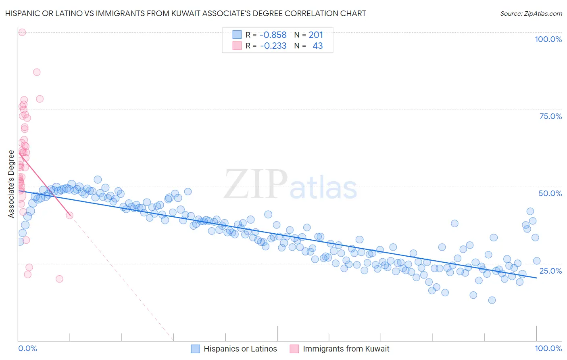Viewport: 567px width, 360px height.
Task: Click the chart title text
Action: pyautogui.click(x=186, y=13)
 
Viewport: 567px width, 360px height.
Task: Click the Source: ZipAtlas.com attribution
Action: pyautogui.click(x=531, y=13)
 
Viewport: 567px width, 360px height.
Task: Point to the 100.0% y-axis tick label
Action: pyautogui.click(x=548, y=39)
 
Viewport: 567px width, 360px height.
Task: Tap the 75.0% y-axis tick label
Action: pyautogui.click(x=550, y=116)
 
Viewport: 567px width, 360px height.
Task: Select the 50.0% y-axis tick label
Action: pyautogui.click(x=550, y=193)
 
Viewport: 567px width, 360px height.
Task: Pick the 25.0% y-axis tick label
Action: pyautogui.click(x=550, y=270)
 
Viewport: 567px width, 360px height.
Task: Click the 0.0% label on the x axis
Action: pyautogui.click(x=28, y=348)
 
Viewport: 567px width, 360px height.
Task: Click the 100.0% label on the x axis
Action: pyautogui.click(x=548, y=348)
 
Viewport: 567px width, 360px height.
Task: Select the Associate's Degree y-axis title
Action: pyautogui.click(x=11, y=184)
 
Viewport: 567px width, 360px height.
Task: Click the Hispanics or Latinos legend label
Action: pyautogui.click(x=240, y=349)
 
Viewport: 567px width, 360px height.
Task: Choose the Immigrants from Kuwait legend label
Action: pyautogui.click(x=346, y=349)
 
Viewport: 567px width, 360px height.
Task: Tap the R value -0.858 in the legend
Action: pyautogui.click(x=273, y=35)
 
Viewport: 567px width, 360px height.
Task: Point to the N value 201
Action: pyautogui.click(x=316, y=35)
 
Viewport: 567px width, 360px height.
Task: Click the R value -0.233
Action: pyautogui.click(x=273, y=46)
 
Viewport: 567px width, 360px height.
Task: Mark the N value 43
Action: pyautogui.click(x=317, y=46)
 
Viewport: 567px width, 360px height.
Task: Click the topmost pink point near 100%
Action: pyautogui.click(x=22, y=32)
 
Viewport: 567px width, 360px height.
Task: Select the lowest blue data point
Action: pyautogui.click(x=492, y=300)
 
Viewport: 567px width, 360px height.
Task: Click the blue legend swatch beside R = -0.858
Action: pyautogui.click(x=237, y=35)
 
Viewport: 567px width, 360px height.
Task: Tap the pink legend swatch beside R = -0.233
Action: pyautogui.click(x=237, y=46)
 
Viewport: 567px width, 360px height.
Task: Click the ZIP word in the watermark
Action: pyautogui.click(x=256, y=184)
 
